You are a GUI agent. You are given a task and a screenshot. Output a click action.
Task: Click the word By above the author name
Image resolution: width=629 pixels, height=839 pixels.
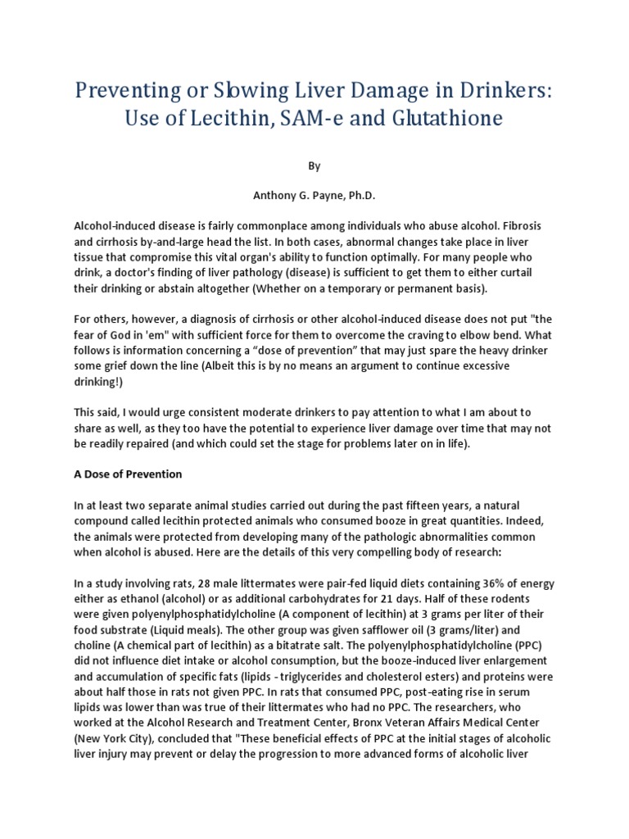pyautogui.click(x=314, y=166)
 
